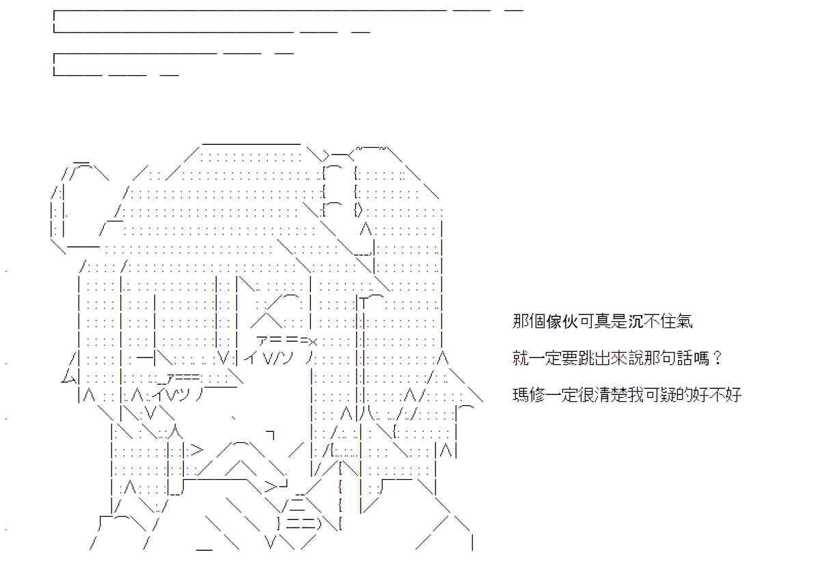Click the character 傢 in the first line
[554, 322]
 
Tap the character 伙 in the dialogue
[571, 322]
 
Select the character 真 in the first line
[603, 322]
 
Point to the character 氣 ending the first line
[685, 322]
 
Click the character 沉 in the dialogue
[636, 322]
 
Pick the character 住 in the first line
[669, 322]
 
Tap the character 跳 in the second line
[587, 358]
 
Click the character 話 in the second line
[685, 358]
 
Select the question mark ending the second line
[717, 358]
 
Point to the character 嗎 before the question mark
[701, 358]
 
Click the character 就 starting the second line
[521, 358]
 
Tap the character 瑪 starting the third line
[521, 395]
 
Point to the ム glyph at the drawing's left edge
[68, 377]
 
